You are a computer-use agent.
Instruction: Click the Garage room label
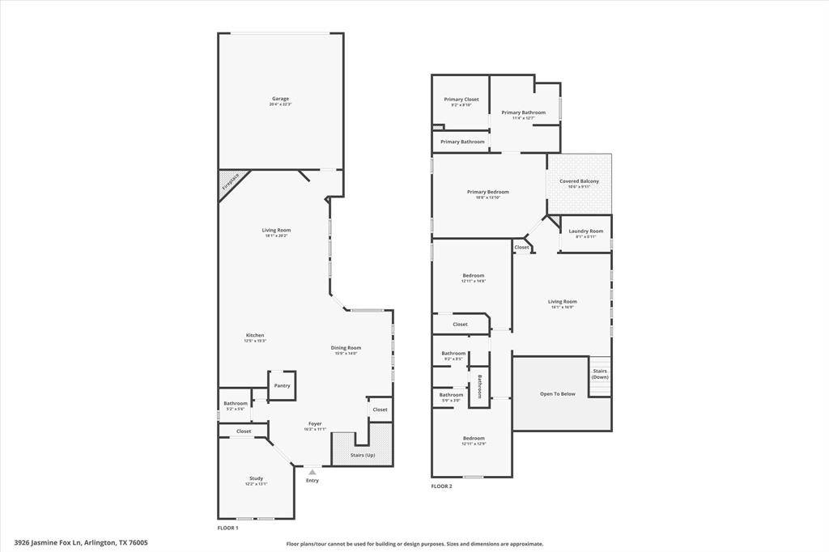280,100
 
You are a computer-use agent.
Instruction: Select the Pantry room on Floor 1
282,385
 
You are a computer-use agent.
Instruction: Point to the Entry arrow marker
312,471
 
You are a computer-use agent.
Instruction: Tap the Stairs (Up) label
363,456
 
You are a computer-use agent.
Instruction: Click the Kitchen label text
255,336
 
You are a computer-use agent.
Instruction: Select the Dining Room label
346,348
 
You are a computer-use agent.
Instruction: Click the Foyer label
315,424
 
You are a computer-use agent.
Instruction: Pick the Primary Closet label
461,100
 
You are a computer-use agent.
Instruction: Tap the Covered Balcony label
579,181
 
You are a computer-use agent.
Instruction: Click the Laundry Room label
585,231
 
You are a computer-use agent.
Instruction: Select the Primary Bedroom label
487,193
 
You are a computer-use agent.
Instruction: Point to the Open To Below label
558,394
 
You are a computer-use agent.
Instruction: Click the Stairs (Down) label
600,374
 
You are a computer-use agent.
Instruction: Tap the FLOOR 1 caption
227,528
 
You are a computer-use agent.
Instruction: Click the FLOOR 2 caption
441,486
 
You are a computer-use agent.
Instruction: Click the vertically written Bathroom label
479,387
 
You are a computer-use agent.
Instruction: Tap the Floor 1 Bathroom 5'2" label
236,404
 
